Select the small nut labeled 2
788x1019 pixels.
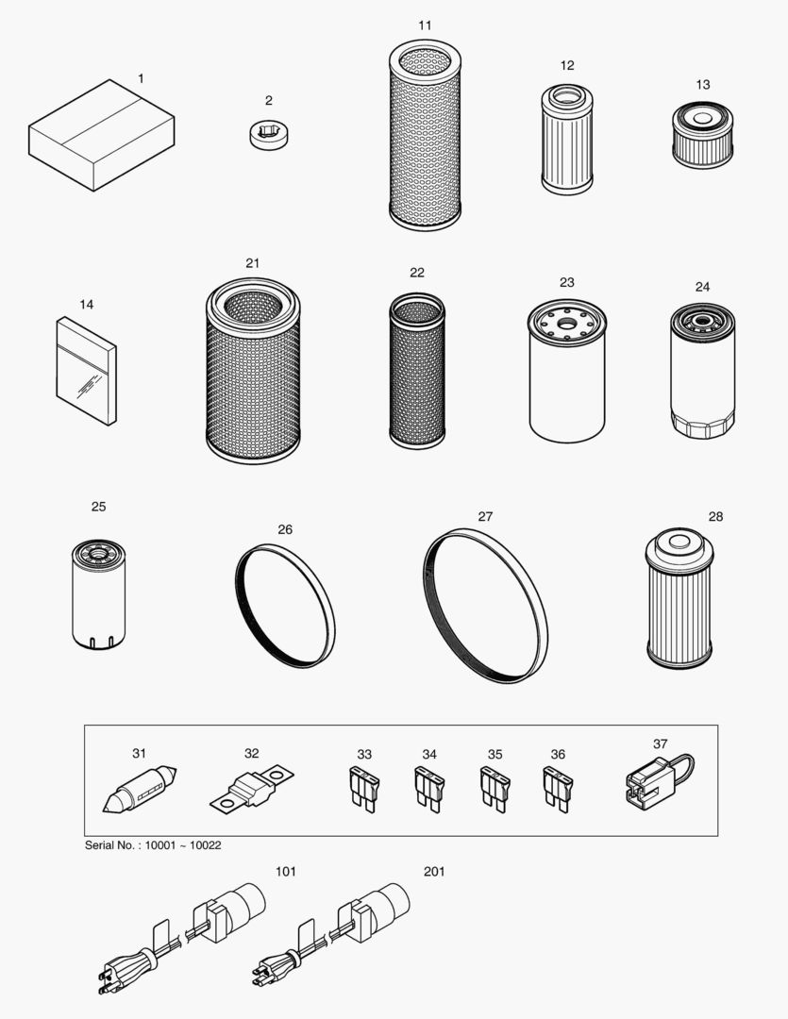tap(268, 132)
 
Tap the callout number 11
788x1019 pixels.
tap(425, 25)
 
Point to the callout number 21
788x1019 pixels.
tap(252, 263)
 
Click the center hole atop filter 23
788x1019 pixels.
tap(566, 324)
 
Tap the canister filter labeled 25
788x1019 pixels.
tap(98, 593)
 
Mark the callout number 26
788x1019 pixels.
tap(285, 529)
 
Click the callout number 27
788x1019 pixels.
tap(485, 516)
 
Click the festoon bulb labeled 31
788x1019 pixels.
tap(140, 790)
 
